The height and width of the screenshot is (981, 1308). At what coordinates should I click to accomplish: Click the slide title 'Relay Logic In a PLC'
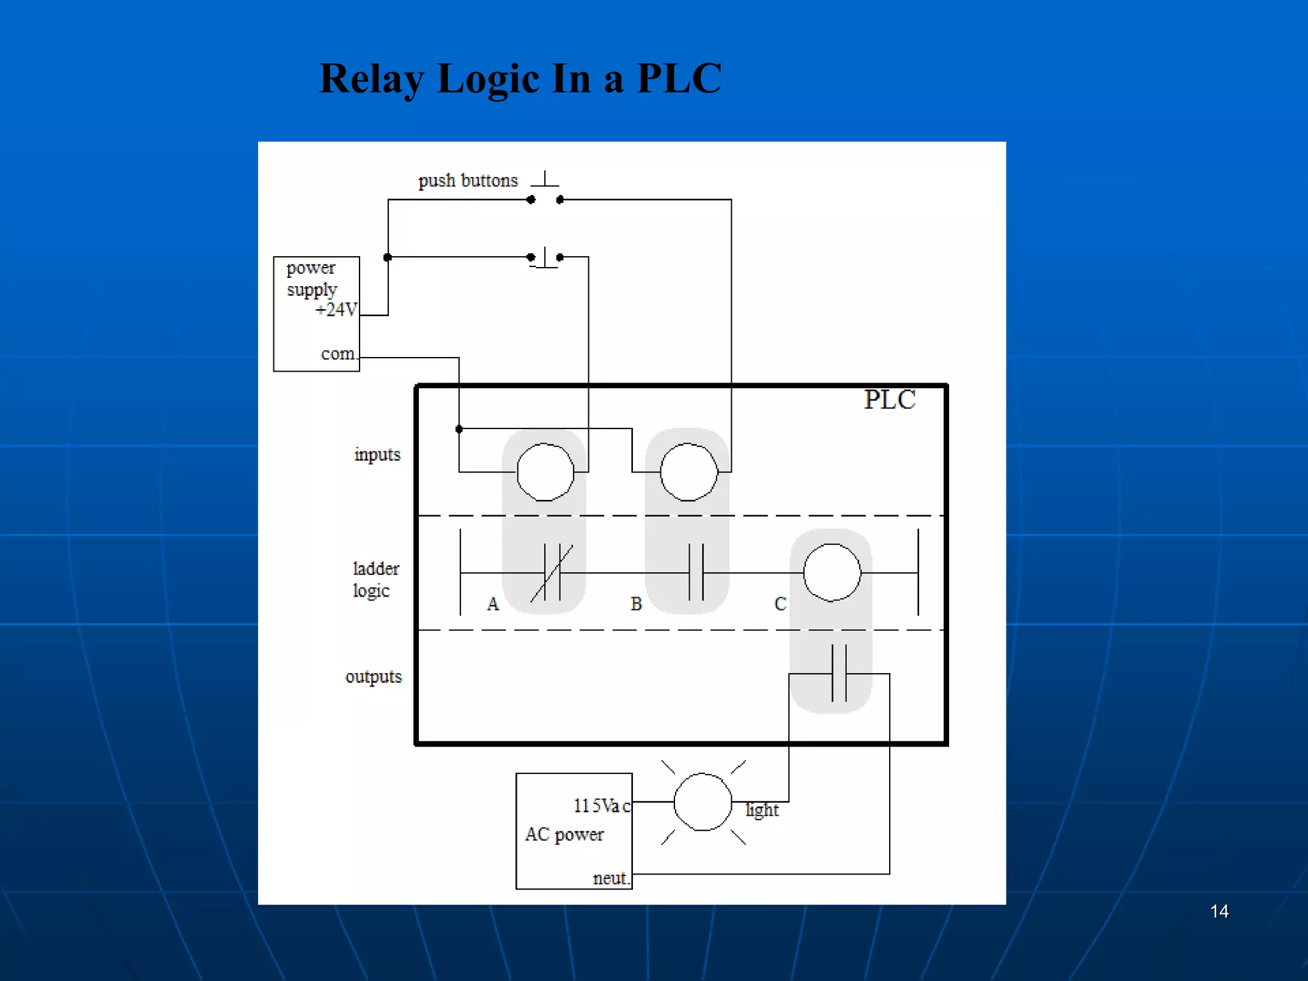tap(520, 79)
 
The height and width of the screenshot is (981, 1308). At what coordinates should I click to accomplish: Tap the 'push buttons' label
tap(468, 181)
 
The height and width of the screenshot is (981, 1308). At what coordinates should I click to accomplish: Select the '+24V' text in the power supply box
tap(336, 310)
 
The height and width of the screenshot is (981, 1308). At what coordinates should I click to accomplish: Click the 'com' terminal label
tap(338, 353)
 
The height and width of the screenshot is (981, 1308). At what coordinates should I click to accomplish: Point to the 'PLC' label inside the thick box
tap(890, 400)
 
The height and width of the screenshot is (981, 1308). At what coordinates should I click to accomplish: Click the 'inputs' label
tap(377, 455)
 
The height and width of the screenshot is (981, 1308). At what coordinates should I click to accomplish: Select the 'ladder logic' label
tap(376, 579)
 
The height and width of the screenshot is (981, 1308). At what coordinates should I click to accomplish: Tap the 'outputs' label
tap(374, 676)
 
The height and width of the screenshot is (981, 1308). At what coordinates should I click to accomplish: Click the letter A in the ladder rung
tap(492, 604)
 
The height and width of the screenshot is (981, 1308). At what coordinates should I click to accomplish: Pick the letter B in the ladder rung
tap(636, 604)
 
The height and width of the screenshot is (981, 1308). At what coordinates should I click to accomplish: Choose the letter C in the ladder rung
tap(780, 604)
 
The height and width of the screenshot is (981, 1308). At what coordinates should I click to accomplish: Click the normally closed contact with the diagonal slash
tap(552, 573)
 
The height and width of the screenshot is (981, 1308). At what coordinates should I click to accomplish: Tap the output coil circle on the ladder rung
tap(832, 573)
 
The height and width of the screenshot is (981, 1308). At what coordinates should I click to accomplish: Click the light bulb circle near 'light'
tap(703, 802)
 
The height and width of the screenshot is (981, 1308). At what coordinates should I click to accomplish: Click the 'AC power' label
tap(564, 835)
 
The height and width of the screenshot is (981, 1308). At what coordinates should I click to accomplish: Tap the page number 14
tap(1219, 911)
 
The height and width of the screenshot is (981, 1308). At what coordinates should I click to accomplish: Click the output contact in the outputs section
tap(839, 674)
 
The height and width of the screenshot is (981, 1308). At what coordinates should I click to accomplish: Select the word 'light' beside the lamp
tap(762, 810)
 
